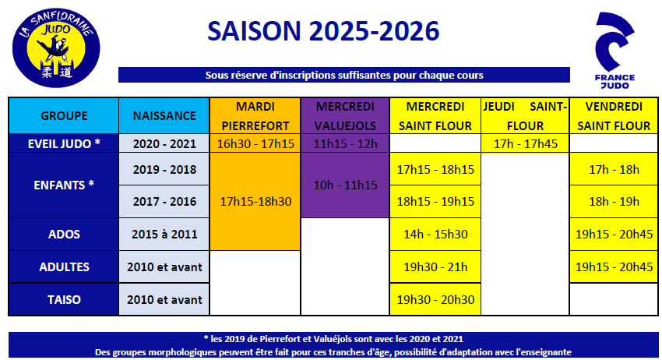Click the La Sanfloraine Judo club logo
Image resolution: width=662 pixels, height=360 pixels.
(56, 48)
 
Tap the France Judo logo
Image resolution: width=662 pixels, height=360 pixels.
(614, 51)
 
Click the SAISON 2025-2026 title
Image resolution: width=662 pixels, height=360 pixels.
(323, 31)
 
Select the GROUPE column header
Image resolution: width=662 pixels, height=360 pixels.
(64, 116)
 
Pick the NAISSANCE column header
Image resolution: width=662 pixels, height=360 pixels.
(164, 116)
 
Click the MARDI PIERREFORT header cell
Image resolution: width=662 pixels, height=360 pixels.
(255, 116)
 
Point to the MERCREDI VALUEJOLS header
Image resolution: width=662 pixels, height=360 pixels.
(345, 116)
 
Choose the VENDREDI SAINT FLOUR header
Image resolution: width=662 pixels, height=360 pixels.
(614, 116)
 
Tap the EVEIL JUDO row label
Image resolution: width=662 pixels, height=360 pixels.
(64, 143)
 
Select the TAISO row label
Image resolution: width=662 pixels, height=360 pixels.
(64, 299)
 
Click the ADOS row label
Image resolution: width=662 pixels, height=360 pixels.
(64, 234)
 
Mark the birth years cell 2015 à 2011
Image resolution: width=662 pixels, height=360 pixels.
(164, 234)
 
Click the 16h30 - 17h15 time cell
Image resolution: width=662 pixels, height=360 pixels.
(255, 143)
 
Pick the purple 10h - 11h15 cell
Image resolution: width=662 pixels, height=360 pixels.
(345, 185)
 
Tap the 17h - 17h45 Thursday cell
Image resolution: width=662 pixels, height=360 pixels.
(525, 143)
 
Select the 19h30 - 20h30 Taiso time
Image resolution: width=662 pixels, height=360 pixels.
(435, 299)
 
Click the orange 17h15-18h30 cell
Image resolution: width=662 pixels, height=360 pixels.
(255, 202)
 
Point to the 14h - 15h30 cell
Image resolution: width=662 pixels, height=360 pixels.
(435, 234)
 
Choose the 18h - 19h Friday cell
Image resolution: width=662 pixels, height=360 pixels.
(614, 202)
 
